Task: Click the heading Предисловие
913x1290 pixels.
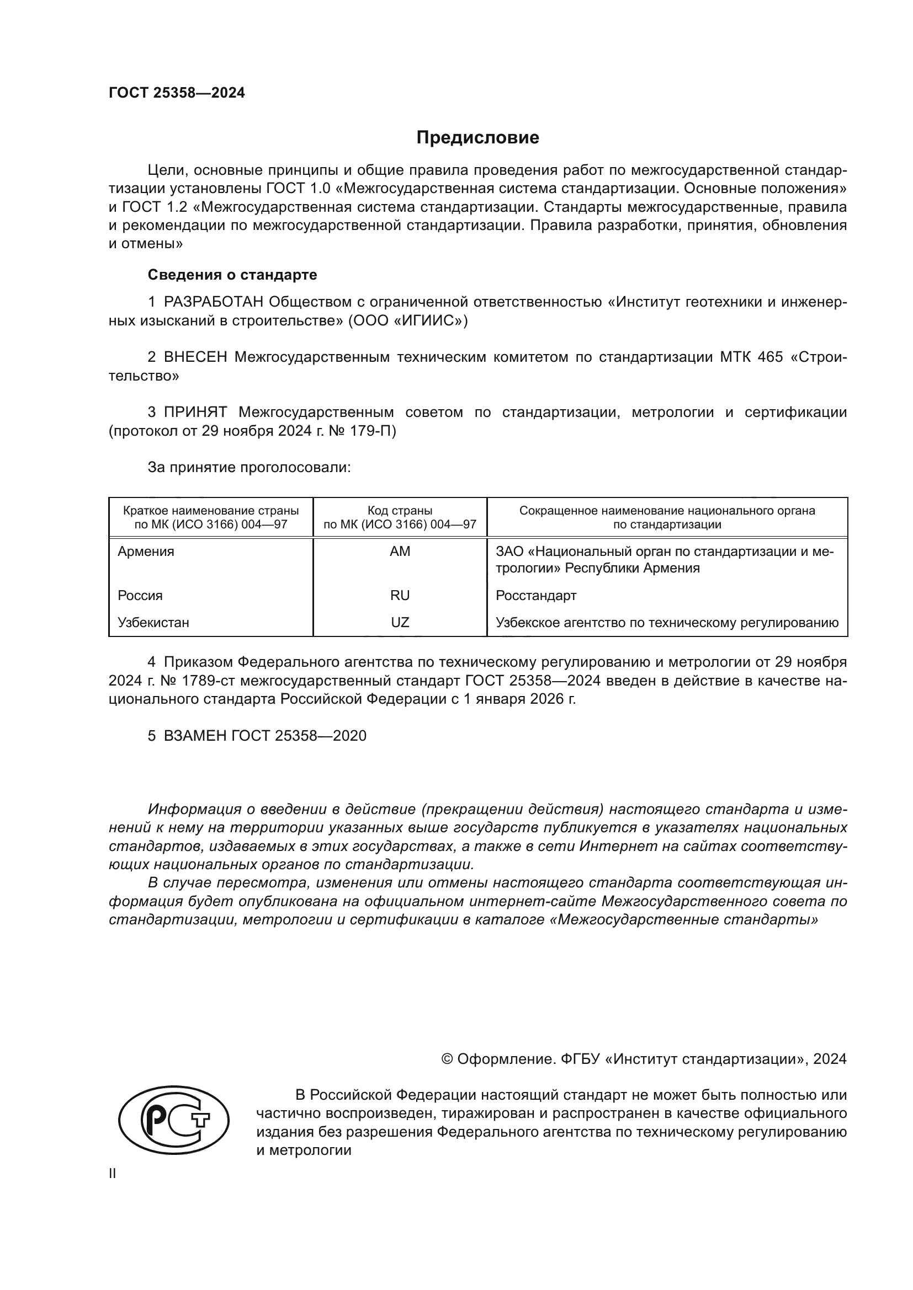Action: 477,138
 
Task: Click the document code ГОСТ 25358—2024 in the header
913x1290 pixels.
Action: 177,93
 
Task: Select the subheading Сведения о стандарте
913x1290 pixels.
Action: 232,275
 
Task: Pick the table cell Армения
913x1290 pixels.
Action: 146,552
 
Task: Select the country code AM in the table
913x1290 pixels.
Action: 400,552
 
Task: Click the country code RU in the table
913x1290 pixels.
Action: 400,596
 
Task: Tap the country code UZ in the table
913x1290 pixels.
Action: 400,623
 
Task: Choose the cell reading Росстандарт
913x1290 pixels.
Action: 536,596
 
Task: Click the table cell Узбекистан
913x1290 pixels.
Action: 153,623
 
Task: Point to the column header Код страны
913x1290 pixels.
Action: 400,511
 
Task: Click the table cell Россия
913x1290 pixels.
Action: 140,596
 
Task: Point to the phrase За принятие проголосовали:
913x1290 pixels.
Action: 249,468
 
